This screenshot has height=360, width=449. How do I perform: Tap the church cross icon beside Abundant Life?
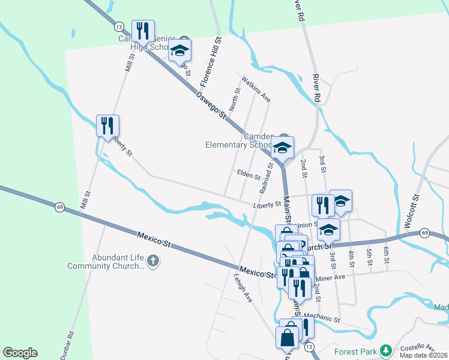(153, 261)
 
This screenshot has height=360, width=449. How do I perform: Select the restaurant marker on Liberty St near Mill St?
(108, 125)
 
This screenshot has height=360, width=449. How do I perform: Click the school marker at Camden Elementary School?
(282, 147)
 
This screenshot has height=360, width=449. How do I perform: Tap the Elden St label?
(248, 176)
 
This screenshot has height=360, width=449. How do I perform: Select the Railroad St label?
(267, 178)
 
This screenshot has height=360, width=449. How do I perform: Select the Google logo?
(20, 353)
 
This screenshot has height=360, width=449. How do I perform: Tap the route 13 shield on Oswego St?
(118, 26)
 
